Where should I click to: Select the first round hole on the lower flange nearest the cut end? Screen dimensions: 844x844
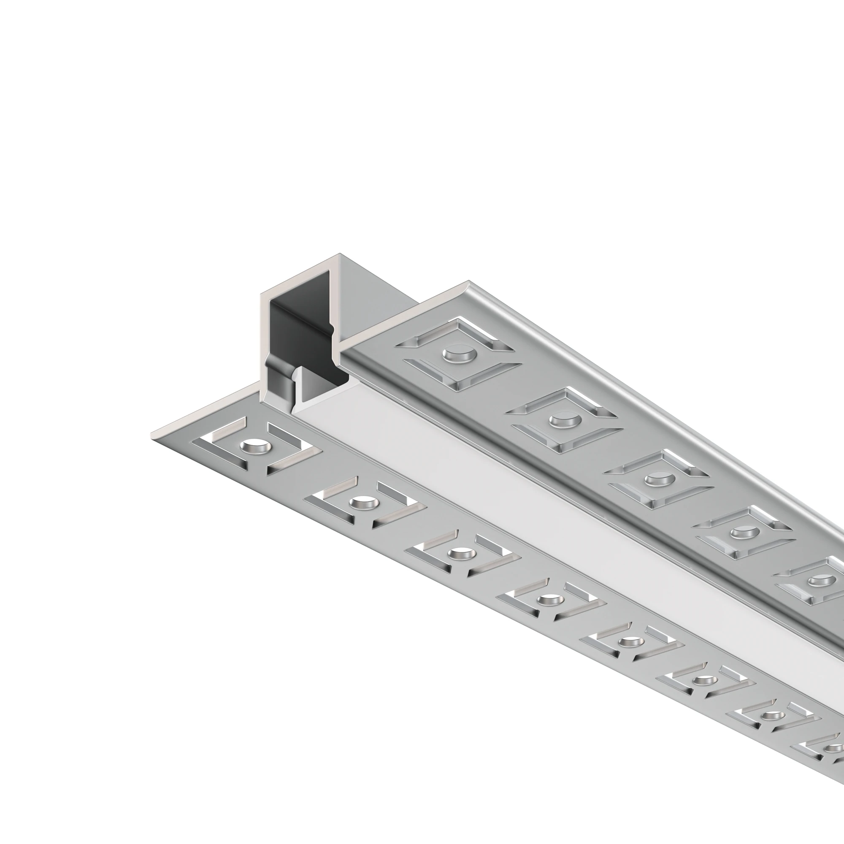(252, 447)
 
